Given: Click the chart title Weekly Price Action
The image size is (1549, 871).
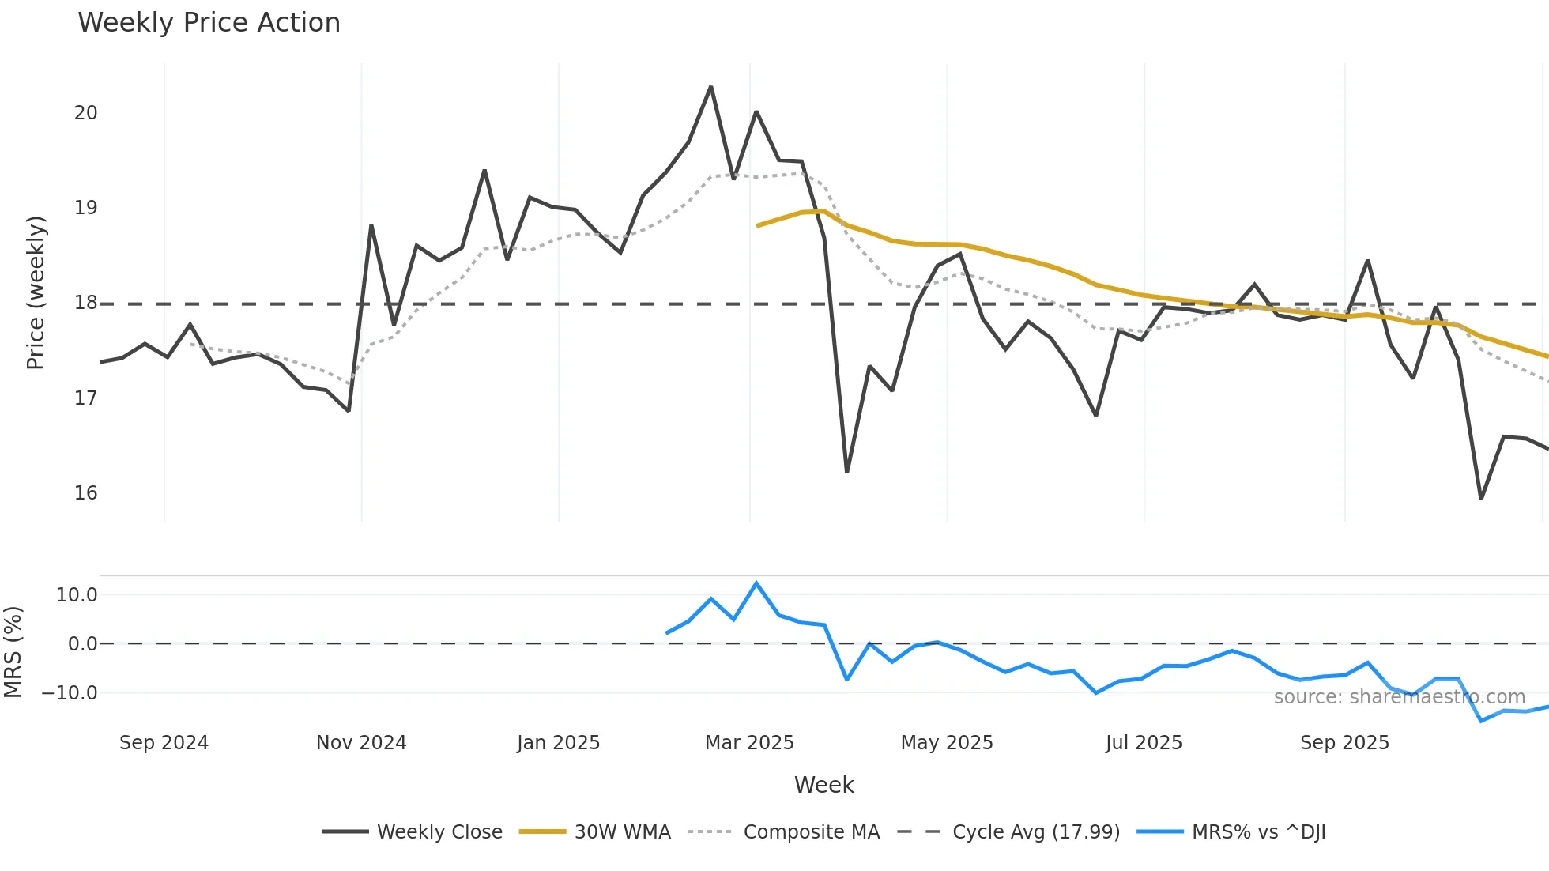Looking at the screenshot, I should point(209,23).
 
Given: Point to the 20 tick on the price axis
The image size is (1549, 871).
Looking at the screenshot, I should point(86,113).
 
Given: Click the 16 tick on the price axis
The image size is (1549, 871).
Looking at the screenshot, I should point(86,493).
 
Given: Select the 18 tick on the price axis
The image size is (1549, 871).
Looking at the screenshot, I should point(86,303).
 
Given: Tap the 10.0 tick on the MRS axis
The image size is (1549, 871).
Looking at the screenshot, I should point(77,595).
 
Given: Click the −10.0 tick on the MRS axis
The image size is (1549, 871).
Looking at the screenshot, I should point(70,693).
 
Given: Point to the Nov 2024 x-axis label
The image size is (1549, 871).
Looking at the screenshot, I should point(361,743).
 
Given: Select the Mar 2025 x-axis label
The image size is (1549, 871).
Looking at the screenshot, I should point(749,743).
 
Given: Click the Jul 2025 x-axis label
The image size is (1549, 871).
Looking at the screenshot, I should point(1144,743).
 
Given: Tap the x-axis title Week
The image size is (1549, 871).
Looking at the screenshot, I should point(823,785).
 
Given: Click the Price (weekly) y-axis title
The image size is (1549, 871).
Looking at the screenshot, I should point(36,292).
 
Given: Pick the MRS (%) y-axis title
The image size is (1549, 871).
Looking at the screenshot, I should point(13,652).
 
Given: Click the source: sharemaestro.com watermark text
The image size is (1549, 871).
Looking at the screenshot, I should point(1399,697).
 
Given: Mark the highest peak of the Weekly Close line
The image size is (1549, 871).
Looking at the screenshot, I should point(710,87).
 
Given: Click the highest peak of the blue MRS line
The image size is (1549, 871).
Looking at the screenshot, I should point(756,583).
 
